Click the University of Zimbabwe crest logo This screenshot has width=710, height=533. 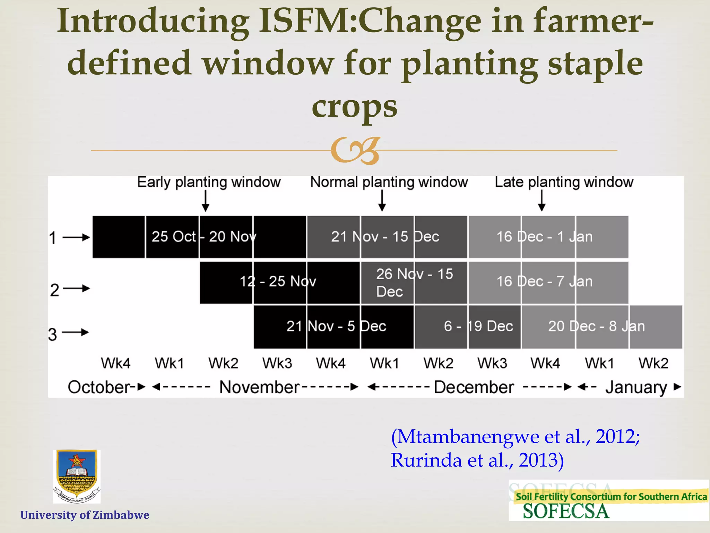77,476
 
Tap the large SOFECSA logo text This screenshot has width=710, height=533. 565,511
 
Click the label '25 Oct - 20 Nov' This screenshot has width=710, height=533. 204,237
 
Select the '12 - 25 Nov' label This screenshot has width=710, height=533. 278,281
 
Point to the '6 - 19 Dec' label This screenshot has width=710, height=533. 478,326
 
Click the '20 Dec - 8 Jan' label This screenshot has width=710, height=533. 596,326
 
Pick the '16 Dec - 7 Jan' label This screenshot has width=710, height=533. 544,281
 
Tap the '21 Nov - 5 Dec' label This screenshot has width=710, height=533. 336,326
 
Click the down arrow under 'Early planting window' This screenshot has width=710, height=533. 206,201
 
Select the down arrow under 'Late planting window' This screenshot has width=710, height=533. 542,201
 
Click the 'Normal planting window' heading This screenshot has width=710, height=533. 389,182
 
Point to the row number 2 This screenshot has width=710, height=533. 55,290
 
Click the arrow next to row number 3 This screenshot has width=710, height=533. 76,332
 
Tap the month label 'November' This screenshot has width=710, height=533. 259,387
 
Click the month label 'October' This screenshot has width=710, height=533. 99,387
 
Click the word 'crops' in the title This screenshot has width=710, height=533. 354,106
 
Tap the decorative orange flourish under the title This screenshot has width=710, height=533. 355,151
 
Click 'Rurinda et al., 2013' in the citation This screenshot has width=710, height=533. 477,460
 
